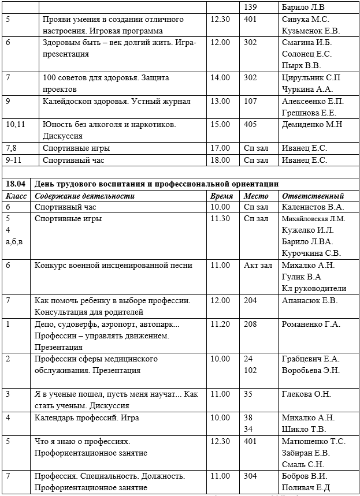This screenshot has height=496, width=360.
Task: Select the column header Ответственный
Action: coord(313,196)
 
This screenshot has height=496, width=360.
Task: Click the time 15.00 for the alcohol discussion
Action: coord(221,124)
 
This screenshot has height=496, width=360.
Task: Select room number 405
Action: coord(250,124)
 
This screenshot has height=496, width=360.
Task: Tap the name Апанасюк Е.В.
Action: coord(309,301)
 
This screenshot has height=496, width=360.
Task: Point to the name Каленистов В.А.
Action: coord(313,207)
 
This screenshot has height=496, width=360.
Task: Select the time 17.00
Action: coord(221,148)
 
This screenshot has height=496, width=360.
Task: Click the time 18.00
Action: coord(221,160)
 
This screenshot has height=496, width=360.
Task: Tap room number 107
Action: coord(250,100)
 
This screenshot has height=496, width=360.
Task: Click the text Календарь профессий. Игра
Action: coord(87,417)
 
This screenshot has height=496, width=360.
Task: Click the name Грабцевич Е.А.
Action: coord(311,359)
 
